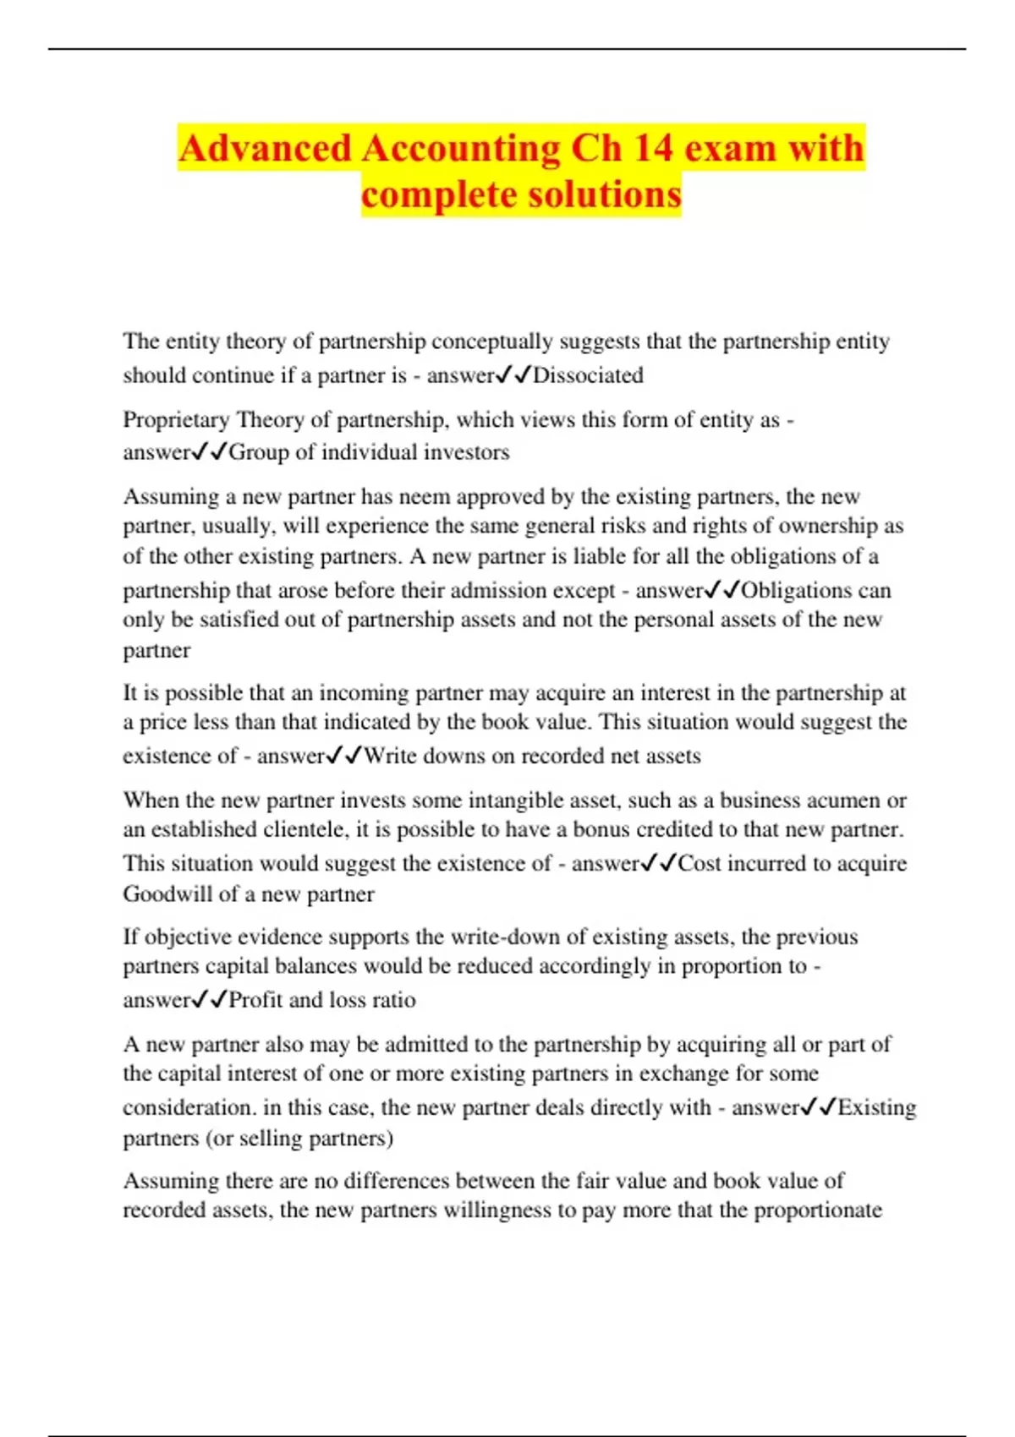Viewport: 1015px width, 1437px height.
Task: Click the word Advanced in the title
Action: [x=265, y=149]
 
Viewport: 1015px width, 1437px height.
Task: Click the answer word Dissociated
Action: [x=588, y=375]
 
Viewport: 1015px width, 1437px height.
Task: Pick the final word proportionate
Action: [x=818, y=1210]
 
